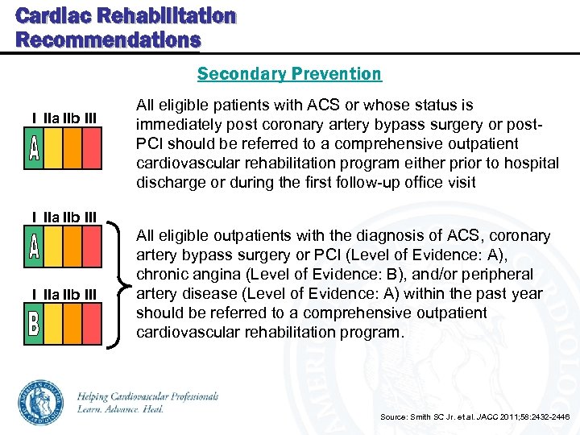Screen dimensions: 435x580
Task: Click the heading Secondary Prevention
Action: [x=289, y=74]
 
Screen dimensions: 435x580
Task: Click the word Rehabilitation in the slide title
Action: [x=158, y=16]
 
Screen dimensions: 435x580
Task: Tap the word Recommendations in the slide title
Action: [x=108, y=39]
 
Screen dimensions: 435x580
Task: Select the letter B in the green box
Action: [x=34, y=325]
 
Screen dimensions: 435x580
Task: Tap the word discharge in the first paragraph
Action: [x=170, y=182]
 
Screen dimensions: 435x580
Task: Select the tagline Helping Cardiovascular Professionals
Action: [x=147, y=396]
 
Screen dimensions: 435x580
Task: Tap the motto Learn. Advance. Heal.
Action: [x=120, y=409]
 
